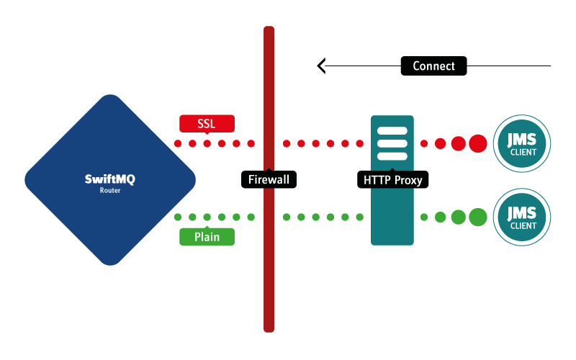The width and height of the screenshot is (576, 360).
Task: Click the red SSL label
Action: click(207, 123)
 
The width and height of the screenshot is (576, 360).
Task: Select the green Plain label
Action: click(207, 237)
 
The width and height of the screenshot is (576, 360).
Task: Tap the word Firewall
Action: click(269, 179)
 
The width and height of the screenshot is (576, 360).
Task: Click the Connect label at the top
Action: click(433, 66)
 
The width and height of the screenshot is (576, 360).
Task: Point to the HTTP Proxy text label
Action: click(392, 179)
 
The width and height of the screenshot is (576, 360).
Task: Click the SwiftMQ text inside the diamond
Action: click(110, 179)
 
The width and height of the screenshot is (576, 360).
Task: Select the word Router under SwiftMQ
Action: click(110, 191)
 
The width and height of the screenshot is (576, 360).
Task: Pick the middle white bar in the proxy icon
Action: click(392, 144)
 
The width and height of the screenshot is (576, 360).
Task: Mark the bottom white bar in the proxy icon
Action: click(392, 157)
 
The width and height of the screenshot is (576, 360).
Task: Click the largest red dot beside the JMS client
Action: click(478, 144)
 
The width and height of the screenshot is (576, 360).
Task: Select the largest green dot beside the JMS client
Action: click(478, 217)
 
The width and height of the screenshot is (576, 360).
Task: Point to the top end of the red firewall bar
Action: click(269, 30)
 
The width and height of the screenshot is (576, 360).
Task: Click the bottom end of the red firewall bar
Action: click(269, 328)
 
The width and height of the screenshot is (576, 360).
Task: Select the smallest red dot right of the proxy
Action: click(425, 144)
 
